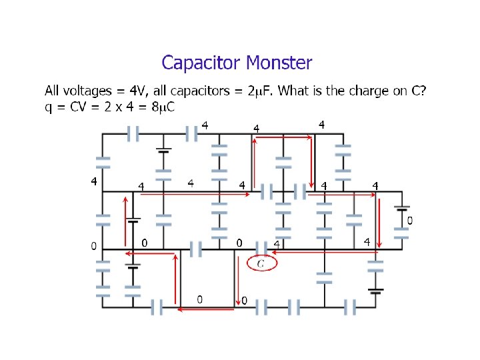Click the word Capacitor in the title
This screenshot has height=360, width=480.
click(201, 64)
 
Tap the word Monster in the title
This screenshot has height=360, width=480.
click(279, 63)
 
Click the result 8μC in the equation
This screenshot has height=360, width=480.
click(163, 107)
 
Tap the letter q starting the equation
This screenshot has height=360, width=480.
click(49, 108)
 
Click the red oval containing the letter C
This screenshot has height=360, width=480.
click(261, 264)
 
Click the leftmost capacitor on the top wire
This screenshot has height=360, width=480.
click(133, 134)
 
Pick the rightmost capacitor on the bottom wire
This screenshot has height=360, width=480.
click(351, 307)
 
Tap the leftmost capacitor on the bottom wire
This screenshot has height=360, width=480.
click(157, 307)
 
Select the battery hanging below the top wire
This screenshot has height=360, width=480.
click(163, 149)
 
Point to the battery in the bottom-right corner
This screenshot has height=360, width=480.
click(376, 289)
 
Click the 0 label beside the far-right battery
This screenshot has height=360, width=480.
click(409, 220)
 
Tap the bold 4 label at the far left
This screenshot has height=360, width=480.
click(94, 181)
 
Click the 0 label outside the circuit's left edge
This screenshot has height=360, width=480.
click(94, 246)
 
